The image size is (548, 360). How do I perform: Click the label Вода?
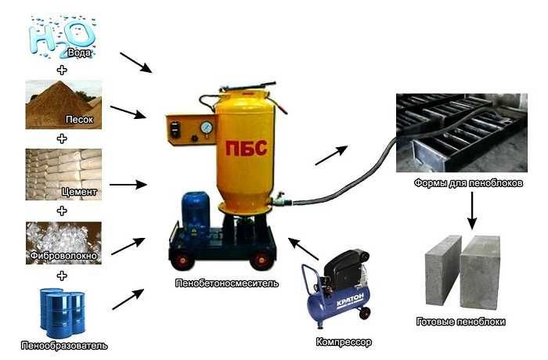coord(80,52)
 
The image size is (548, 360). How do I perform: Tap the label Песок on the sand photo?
coord(80,120)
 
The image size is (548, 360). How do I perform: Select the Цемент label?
coord(79,192)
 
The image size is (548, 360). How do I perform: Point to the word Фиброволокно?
coord(63,255)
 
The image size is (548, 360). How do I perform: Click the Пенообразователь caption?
coord(64,346)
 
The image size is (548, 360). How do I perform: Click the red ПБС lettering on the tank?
coord(247,148)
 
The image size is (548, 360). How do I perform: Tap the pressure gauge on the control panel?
coord(207,128)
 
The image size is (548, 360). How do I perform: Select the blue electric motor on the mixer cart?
coord(196,211)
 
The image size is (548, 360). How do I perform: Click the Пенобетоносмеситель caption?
coord(227,283)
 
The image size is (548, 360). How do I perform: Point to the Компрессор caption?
coord(344,342)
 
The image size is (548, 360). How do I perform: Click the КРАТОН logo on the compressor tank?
coord(350,300)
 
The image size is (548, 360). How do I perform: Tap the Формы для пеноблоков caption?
coord(468,183)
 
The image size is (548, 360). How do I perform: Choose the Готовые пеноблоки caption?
coord(461,321)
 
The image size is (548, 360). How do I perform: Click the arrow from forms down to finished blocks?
coord(472,211)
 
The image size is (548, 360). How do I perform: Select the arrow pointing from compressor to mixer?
coord(304,249)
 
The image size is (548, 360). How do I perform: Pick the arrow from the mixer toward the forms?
coord(331,155)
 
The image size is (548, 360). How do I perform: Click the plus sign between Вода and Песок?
coord(62,70)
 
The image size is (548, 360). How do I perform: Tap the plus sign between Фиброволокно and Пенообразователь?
coord(62,275)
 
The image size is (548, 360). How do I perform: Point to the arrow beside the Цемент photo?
coord(128,184)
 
